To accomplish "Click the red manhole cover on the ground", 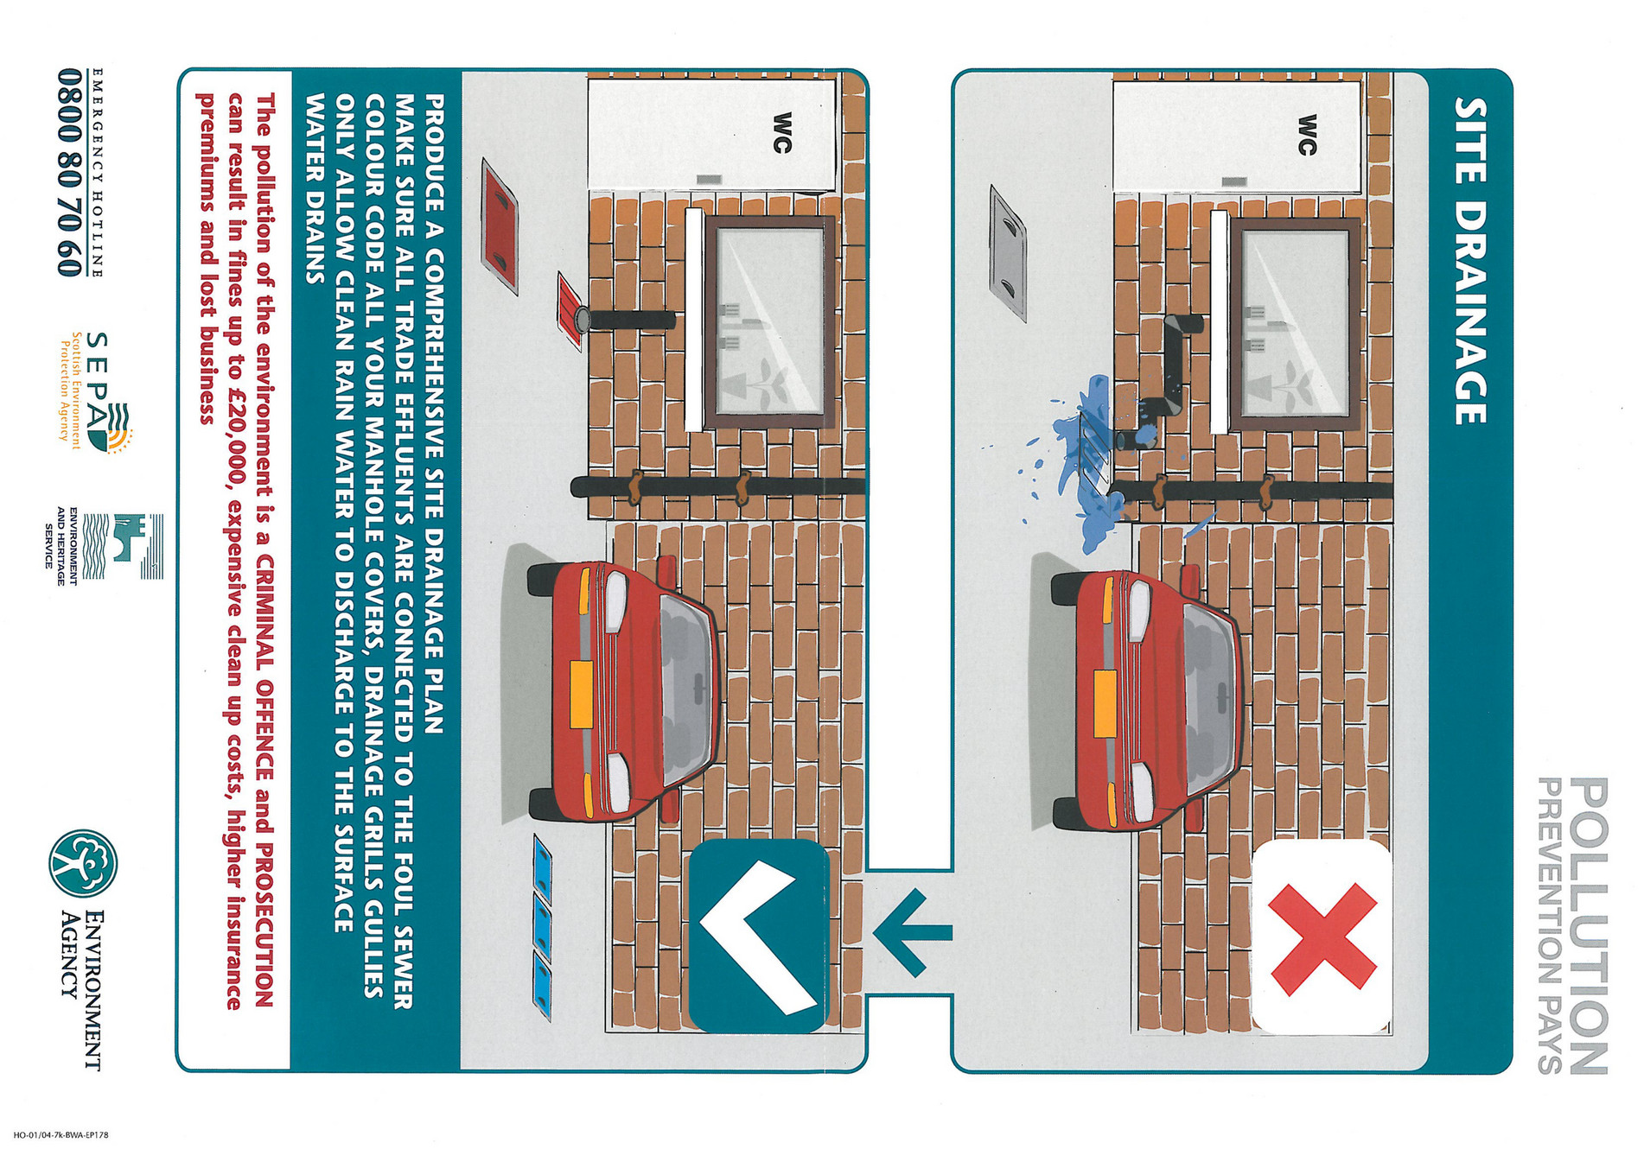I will point(500,226).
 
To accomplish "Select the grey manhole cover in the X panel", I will point(1008,252).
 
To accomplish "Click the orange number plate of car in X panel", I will point(1104,703).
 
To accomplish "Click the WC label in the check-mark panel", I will point(781,132).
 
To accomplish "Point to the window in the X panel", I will point(1292,325).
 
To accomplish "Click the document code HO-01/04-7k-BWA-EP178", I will point(61,1135).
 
